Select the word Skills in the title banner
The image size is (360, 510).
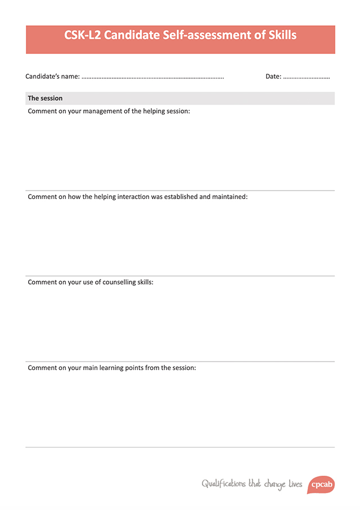point(279,35)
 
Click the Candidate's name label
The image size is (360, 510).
point(52,76)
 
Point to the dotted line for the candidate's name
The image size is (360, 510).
point(152,77)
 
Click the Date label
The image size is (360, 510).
point(273,76)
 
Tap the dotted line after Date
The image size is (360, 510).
point(307,77)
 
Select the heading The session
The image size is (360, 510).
point(45,98)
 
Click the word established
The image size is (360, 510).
point(181,197)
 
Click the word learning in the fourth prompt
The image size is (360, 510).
point(118,368)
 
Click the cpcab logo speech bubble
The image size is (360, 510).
point(321,484)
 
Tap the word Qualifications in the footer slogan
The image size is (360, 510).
point(223,484)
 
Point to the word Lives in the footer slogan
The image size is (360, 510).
point(295,484)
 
